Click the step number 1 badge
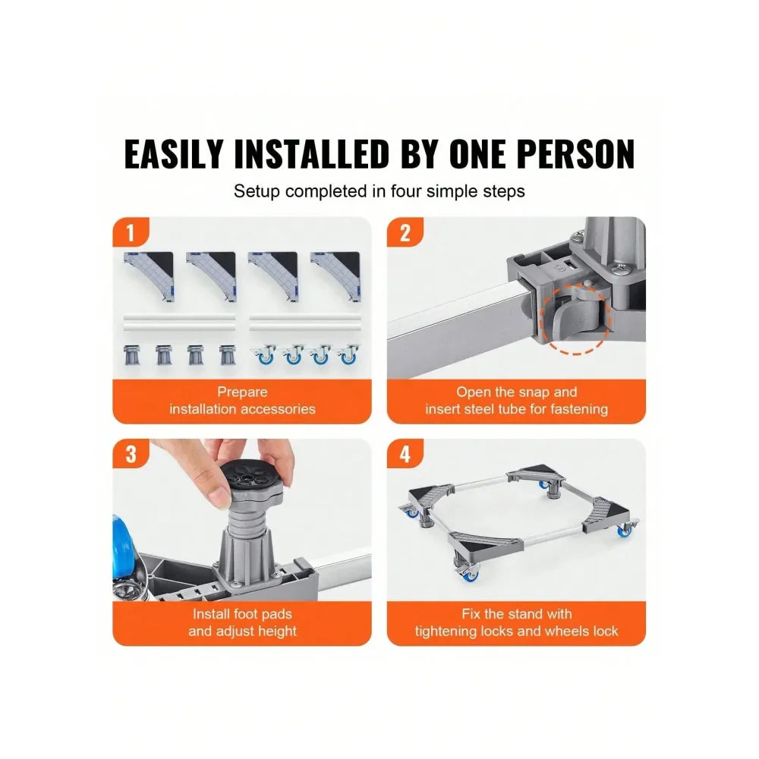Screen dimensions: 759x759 (131, 233)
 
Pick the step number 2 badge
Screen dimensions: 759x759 (405, 233)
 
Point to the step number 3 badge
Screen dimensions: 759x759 (131, 455)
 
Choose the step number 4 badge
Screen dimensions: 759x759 (405, 455)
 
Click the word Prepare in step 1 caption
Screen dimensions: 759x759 (242, 392)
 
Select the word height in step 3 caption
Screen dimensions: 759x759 (277, 631)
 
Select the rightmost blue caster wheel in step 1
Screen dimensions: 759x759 (347, 355)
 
